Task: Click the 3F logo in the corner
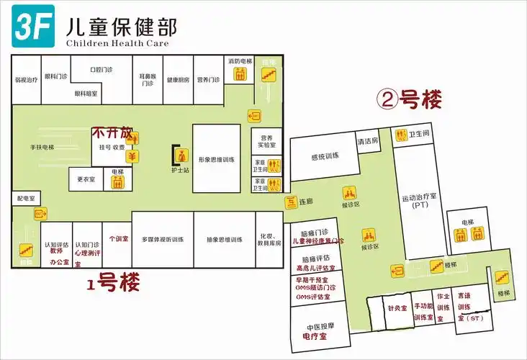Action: tap(32, 24)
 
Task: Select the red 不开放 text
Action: tap(112, 133)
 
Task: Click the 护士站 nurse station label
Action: tap(180, 170)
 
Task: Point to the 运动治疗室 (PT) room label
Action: tap(415, 202)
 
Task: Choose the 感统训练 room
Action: tap(324, 156)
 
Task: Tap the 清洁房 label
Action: tap(368, 141)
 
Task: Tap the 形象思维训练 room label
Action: tap(217, 159)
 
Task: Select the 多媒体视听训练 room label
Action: tap(163, 240)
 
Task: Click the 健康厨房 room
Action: tap(177, 80)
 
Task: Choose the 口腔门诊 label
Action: tap(102, 71)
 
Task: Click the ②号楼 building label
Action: tap(410, 100)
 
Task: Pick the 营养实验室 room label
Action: tap(266, 140)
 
